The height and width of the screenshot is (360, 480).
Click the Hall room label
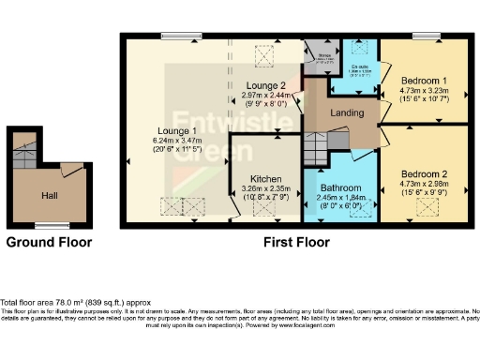[49, 196]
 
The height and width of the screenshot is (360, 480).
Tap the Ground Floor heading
[49, 242]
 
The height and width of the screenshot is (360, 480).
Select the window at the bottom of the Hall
[49, 225]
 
